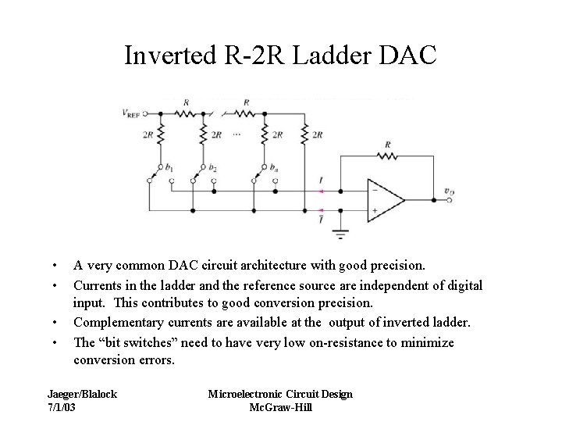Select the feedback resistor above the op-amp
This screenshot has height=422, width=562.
pos(388,156)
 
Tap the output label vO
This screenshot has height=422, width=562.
pos(450,191)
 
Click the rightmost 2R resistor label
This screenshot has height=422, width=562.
pos(317,135)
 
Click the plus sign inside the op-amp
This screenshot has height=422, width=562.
pos(375,210)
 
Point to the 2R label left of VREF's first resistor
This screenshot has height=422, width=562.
pos(148,135)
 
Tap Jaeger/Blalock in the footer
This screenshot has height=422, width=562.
pos(82,395)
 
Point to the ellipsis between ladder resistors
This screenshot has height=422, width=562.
pos(237,135)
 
